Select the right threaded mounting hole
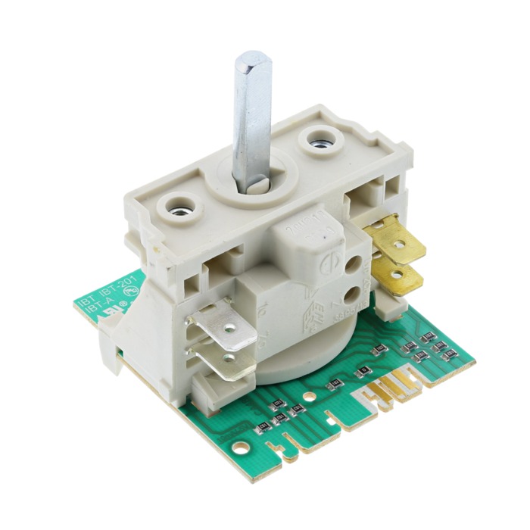point(313,140)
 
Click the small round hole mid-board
point(308,395)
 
